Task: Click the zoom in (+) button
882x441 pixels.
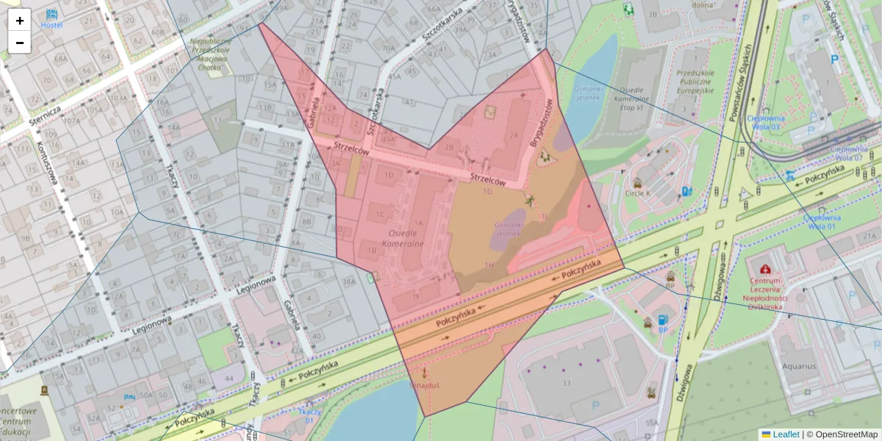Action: pyautogui.click(x=20, y=21)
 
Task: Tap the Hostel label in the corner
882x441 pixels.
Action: pyautogui.click(x=51, y=25)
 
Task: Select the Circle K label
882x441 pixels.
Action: pyautogui.click(x=637, y=193)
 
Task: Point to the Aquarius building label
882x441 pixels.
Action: pyautogui.click(x=799, y=365)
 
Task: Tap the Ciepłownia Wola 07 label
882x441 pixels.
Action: pyautogui.click(x=848, y=152)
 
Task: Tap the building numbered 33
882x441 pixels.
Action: pyautogui.click(x=565, y=383)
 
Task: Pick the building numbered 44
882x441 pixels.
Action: pyautogui.click(x=229, y=378)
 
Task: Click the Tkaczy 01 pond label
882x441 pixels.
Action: pyautogui.click(x=311, y=416)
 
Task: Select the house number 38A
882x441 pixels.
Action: pyautogui.click(x=348, y=282)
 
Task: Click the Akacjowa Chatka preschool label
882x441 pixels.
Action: pyautogui.click(x=210, y=53)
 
